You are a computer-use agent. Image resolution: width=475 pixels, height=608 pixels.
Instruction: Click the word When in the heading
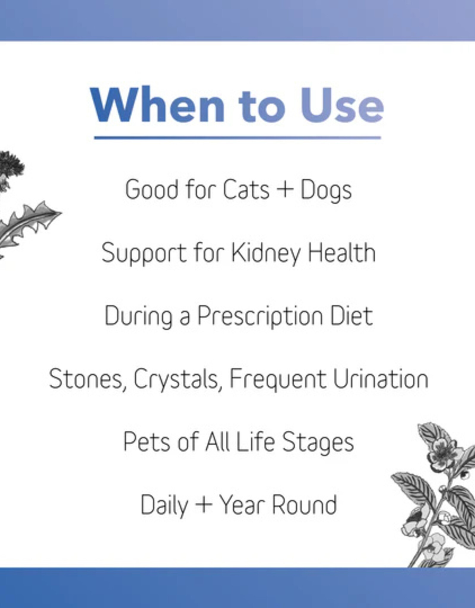point(158,105)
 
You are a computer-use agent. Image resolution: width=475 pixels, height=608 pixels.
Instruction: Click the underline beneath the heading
point(237,137)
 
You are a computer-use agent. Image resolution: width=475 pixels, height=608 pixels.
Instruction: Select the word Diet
point(351,316)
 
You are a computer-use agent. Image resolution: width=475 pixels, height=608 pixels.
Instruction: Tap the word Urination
point(381,379)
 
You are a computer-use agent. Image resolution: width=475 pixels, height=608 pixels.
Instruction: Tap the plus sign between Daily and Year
point(204,504)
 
